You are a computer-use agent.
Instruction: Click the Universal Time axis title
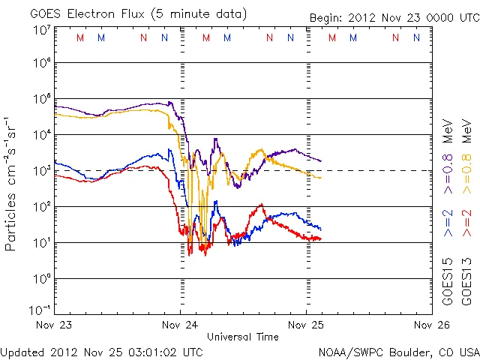243,337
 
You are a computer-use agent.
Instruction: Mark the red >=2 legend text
467,223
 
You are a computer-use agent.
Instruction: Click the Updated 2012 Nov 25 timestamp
102,351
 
